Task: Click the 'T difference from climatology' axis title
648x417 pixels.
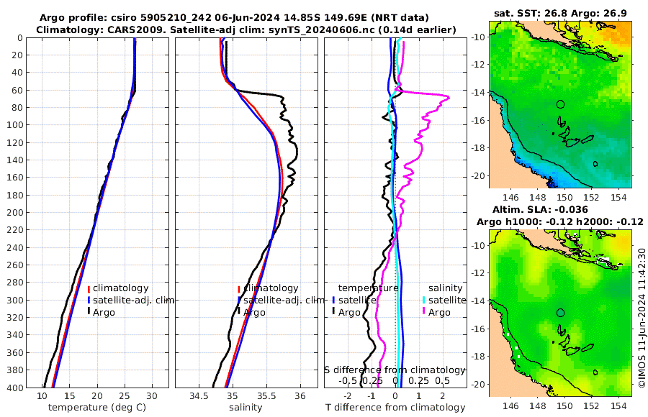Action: point(395,408)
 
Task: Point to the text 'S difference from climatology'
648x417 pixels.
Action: point(395,369)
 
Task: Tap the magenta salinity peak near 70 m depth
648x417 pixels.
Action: point(448,98)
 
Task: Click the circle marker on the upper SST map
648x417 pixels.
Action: point(561,104)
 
